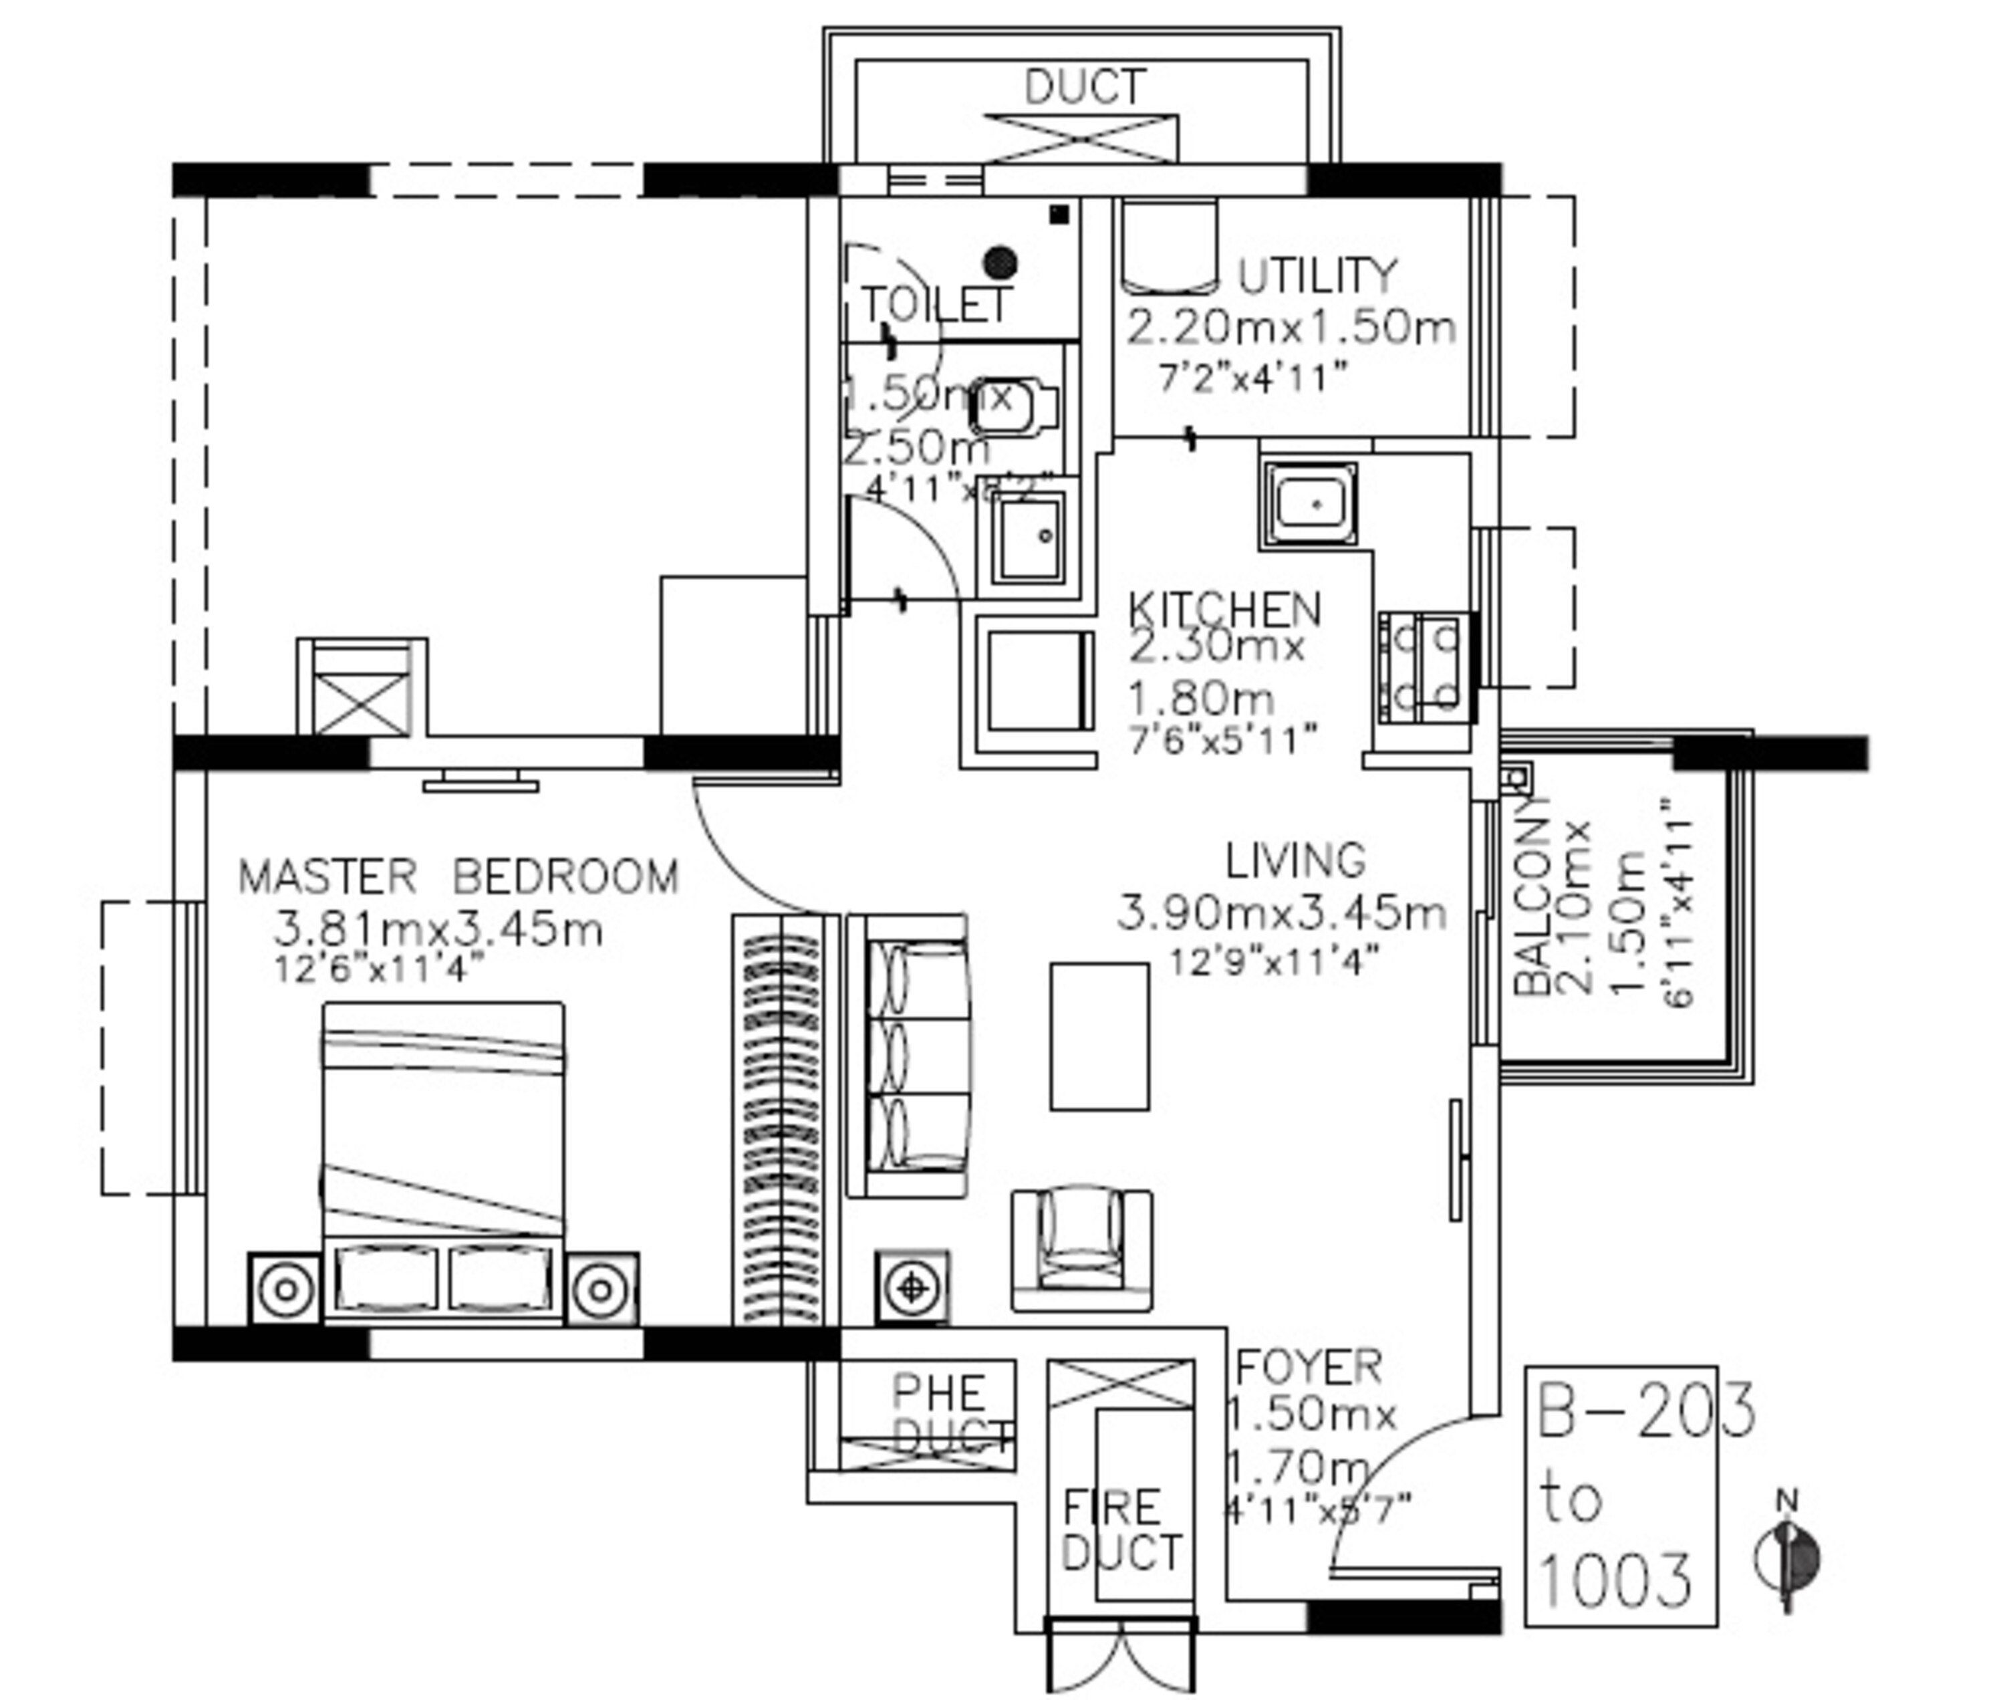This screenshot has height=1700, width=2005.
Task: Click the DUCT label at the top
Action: tap(1084, 87)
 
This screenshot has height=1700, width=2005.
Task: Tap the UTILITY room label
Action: tap(1315, 277)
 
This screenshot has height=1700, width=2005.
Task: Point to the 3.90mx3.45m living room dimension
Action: tap(1281, 913)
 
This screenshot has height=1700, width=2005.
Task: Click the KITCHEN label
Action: tap(1224, 609)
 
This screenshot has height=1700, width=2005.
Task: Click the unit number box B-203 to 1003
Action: tap(1621, 1495)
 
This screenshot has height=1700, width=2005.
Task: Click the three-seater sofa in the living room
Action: tap(910, 1056)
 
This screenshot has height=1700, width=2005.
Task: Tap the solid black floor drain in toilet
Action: tap(1000, 261)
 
